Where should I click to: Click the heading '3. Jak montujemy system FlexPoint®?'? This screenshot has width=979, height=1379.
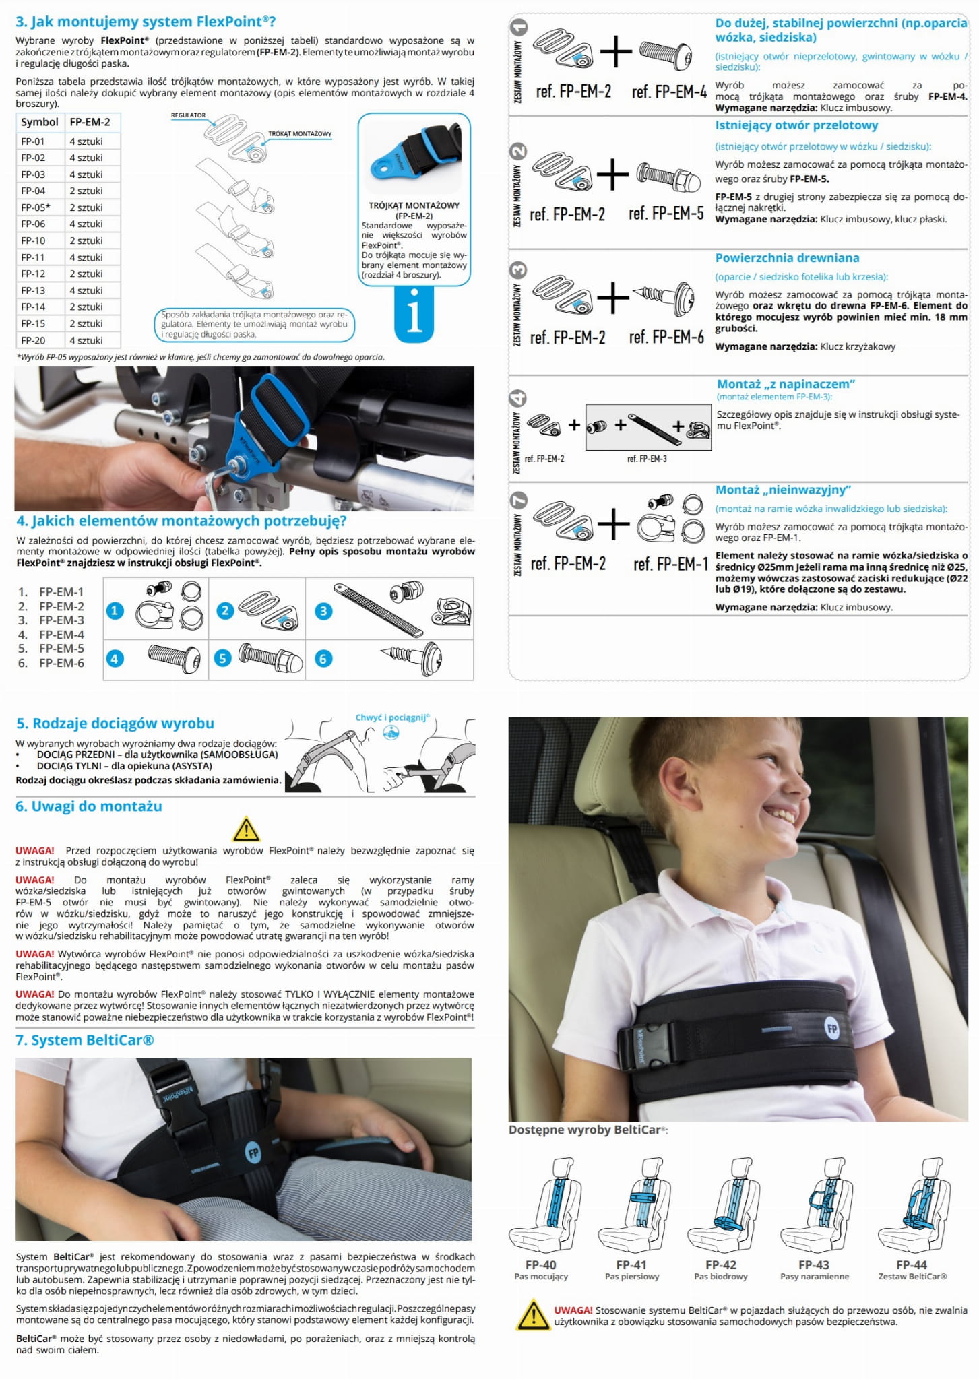pos(146,22)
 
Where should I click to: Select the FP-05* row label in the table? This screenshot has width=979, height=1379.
pos(36,207)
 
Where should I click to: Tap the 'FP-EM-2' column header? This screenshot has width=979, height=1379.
pos(90,122)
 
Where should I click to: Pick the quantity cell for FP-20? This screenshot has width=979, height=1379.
pos(86,340)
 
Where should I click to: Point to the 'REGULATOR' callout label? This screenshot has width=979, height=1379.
pos(188,115)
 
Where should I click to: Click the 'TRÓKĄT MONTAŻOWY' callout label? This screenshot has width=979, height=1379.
pos(300,133)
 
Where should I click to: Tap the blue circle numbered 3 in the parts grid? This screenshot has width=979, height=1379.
pos(323,611)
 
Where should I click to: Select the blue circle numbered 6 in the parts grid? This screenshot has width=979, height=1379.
pos(323,659)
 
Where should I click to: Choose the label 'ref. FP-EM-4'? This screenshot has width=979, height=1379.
pos(669,92)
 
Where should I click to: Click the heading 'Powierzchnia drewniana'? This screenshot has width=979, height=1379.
pos(787,258)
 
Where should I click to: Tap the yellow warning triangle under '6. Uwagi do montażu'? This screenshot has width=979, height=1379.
pos(246,829)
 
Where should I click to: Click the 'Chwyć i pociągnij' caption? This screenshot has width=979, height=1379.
pos(392,718)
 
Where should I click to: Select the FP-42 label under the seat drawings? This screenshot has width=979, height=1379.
pos(720,1265)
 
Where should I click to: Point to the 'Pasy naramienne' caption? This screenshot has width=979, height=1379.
pos(815,1277)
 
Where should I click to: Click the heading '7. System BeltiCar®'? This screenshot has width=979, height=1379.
pos(85,1040)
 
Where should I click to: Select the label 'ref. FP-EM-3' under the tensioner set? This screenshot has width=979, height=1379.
pos(647,459)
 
